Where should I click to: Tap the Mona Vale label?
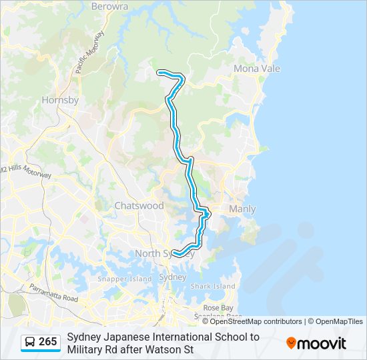256,69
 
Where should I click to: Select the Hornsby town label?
60,100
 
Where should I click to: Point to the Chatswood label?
139,205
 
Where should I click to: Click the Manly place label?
242,209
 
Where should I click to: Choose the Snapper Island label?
125,279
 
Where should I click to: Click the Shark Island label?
213,286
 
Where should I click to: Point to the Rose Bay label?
218,307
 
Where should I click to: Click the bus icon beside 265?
30,343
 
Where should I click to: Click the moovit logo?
316,343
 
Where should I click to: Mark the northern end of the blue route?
158,71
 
